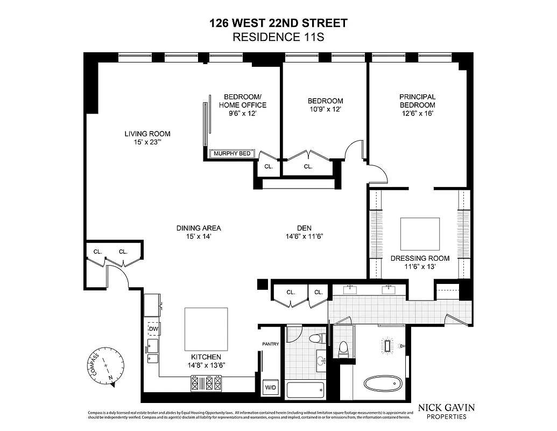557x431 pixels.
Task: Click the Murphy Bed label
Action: pyautogui.click(x=232, y=154)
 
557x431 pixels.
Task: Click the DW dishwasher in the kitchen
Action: pyautogui.click(x=153, y=329)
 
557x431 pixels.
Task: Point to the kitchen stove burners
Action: pyautogui.click(x=206, y=384)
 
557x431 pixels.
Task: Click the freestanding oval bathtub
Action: pyautogui.click(x=383, y=384)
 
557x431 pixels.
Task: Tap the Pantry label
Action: pyautogui.click(x=270, y=344)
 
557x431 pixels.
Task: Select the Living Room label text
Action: pyautogui.click(x=147, y=134)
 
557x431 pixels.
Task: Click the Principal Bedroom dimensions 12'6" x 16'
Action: pyautogui.click(x=417, y=114)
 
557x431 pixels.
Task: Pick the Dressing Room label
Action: pyautogui.click(x=420, y=258)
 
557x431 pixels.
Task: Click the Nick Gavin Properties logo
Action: pyautogui.click(x=446, y=411)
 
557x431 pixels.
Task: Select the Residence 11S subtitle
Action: pyautogui.click(x=278, y=37)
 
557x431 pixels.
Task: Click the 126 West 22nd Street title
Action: pyautogui.click(x=278, y=23)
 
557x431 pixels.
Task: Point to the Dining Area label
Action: pyautogui.click(x=199, y=228)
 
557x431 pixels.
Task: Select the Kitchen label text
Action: pyautogui.click(x=206, y=357)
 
